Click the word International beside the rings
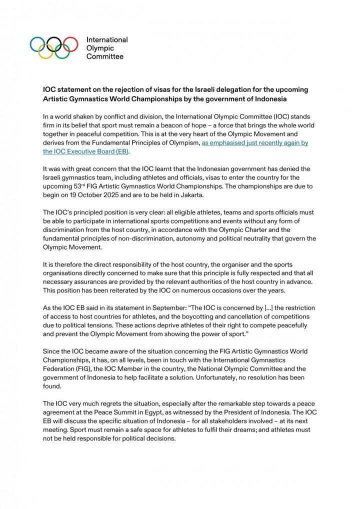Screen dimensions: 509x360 [x=107, y=39]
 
